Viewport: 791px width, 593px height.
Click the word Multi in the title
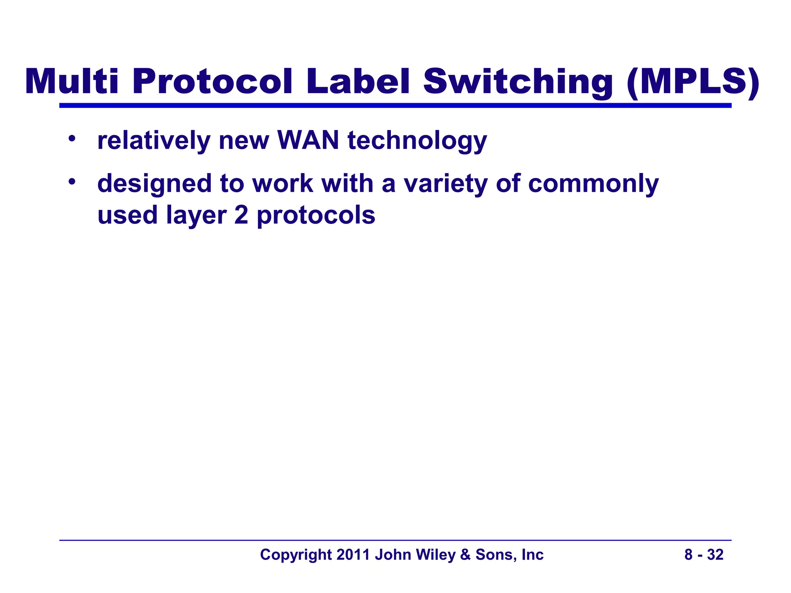pos(71,81)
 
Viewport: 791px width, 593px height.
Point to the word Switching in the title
pos(518,81)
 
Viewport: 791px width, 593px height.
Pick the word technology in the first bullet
pos(417,141)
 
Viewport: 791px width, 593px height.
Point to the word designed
pos(154,184)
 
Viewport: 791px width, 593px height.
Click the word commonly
pos(593,184)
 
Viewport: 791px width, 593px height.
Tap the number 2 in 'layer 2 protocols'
pos(241,215)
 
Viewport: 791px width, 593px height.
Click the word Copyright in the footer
pos(296,555)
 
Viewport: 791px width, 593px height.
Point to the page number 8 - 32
pos(704,554)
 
